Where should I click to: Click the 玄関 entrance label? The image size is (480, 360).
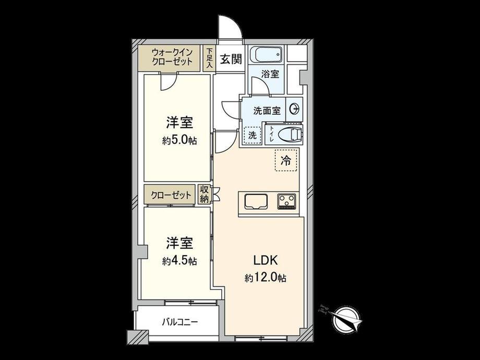pos(231,59)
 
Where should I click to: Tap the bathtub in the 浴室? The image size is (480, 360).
pos(266,55)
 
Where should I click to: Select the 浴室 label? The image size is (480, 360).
pos(270,74)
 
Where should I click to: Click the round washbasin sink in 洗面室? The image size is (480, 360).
pos(294,109)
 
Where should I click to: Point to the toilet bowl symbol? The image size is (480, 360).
pos(290,134)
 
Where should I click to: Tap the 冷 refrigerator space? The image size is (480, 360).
pos(286,160)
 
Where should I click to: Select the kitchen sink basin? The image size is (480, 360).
pos(256,201)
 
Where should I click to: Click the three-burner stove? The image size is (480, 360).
pos(287,201)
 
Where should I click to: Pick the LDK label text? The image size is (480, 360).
pos(266,260)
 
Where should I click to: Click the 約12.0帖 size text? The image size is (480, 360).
pos(266,278)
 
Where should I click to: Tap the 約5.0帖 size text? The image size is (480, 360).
pos(179,140)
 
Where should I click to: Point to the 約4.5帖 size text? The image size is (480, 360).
pos(179,261)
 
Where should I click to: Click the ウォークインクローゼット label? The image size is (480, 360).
pos(172,57)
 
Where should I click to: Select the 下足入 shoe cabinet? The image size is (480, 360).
pos(209,58)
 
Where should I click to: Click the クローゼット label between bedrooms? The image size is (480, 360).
pos(171,195)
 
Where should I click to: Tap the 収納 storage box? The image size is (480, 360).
pos(204,194)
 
